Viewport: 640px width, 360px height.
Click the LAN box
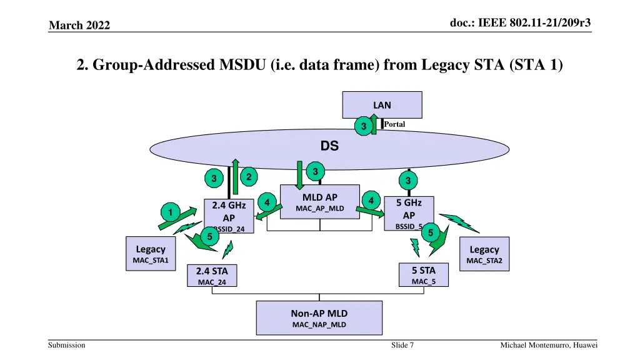click(x=382, y=104)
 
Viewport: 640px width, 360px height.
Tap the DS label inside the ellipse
click(x=329, y=146)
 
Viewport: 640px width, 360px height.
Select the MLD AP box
click(x=320, y=202)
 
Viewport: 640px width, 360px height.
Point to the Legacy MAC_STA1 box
click(x=151, y=253)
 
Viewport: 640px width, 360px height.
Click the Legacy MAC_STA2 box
click(x=484, y=254)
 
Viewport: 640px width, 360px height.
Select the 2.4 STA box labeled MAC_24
click(x=212, y=276)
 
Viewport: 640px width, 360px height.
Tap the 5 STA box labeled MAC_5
click(x=423, y=275)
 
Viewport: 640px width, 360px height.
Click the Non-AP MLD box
click(x=319, y=318)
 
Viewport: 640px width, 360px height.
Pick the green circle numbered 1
click(x=168, y=212)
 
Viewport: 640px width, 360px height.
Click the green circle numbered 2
click(x=249, y=177)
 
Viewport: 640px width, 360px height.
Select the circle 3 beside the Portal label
click(x=362, y=127)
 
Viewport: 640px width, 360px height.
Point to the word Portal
click(x=394, y=124)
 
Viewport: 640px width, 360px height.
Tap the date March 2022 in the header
click(x=79, y=25)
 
